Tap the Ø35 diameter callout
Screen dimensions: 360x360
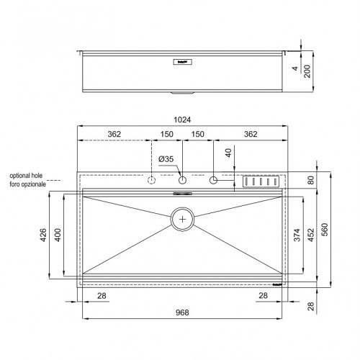click(167, 159)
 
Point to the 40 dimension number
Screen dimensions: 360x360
click(228, 153)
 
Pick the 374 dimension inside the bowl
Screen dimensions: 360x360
click(297, 238)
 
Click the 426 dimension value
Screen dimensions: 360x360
click(44, 235)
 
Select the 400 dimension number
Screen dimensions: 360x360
click(58, 235)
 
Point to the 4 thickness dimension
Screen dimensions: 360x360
click(295, 68)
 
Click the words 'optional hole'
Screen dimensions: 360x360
click(26, 175)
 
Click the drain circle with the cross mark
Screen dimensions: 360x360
click(184, 218)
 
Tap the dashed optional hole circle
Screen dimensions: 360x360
click(153, 181)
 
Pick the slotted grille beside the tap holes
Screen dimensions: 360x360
click(261, 182)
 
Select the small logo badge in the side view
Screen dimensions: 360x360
click(183, 63)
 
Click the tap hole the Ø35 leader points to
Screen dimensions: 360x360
click(183, 181)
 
